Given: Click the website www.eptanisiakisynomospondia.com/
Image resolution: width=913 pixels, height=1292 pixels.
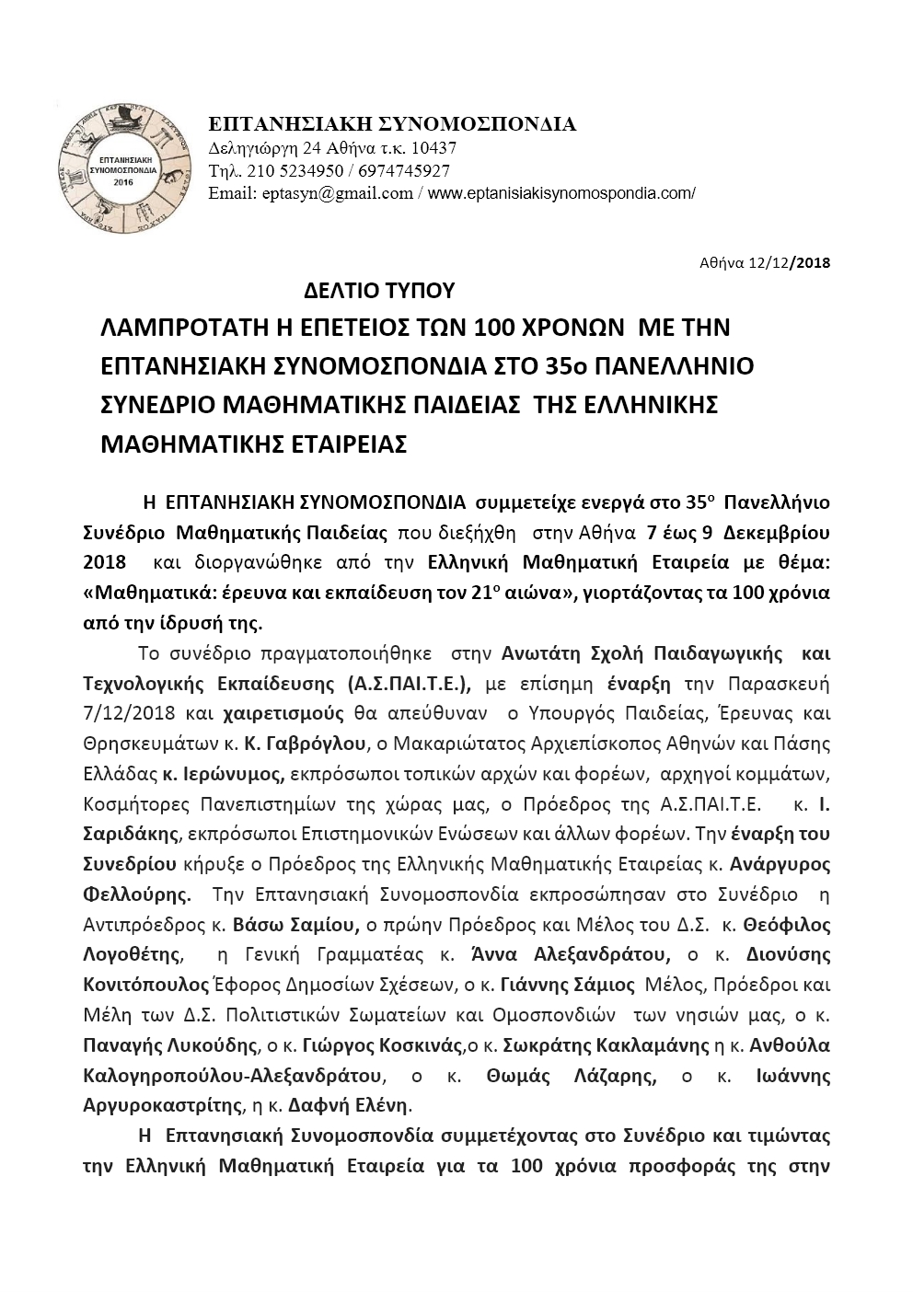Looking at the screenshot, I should [562, 193].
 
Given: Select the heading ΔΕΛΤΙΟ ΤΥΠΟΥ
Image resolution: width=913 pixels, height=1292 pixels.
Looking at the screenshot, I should [379, 292].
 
